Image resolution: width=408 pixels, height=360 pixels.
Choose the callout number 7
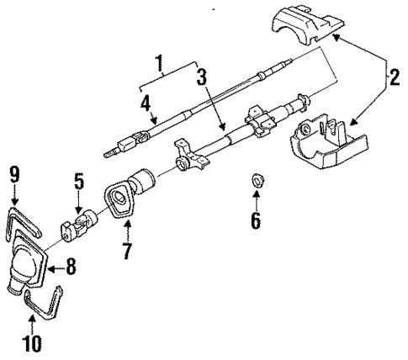click(x=127, y=250)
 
